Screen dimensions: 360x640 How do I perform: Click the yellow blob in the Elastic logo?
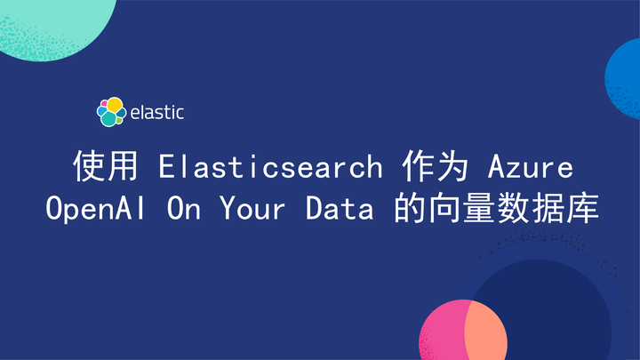tap(114, 106)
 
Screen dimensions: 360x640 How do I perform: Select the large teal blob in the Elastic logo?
tap(109, 117)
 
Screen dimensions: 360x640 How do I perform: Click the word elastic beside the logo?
tap(156, 112)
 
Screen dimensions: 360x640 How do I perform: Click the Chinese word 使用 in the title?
tap(95, 166)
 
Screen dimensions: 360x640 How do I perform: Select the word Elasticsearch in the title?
tap(270, 166)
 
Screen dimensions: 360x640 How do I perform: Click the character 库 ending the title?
tap(580, 209)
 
